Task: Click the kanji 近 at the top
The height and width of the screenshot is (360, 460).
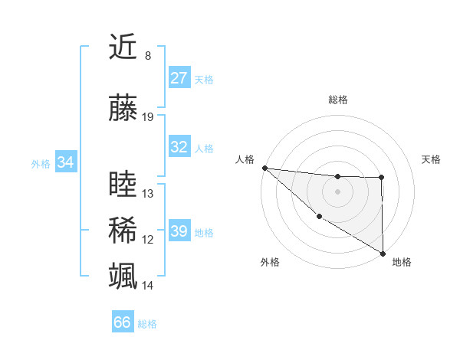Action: [123, 48]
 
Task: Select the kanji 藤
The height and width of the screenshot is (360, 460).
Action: [123, 110]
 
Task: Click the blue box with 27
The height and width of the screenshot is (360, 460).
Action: [179, 78]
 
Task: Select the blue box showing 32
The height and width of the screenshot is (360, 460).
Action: [179, 147]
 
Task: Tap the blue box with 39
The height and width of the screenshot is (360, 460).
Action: [179, 231]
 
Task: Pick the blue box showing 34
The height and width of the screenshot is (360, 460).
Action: [65, 162]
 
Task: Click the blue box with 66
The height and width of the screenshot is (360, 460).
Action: [123, 322]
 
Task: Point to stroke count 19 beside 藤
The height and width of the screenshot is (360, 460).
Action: [148, 117]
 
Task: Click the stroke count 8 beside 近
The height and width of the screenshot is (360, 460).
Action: [147, 56]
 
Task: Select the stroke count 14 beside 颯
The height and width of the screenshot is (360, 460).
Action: [148, 286]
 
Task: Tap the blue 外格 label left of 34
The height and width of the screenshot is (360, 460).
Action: [41, 163]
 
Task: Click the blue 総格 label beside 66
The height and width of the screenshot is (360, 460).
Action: [147, 323]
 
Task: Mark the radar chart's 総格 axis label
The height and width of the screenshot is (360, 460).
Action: [337, 100]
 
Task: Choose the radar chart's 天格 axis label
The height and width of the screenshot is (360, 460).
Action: [432, 159]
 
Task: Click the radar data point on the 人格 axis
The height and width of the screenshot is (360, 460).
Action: [264, 167]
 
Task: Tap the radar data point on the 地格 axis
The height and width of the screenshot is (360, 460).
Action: [383, 253]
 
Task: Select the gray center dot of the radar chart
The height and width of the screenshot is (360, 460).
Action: [337, 191]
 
